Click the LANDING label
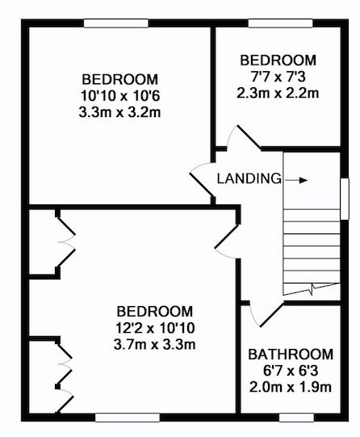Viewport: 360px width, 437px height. click(x=249, y=179)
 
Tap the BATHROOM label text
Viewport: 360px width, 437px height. click(x=291, y=355)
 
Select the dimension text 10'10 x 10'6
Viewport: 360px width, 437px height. click(x=120, y=96)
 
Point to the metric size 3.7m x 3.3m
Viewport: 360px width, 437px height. click(x=154, y=344)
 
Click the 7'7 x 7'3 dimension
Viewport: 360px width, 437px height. click(x=278, y=77)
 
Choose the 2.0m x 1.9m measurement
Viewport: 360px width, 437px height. click(x=291, y=388)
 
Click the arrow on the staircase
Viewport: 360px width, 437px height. click(x=296, y=180)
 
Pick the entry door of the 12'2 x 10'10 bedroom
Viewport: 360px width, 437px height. click(x=227, y=241)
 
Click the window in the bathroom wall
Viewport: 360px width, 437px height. click(x=296, y=418)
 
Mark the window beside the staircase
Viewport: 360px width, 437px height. click(x=345, y=199)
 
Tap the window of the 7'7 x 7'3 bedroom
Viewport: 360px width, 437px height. click(x=280, y=23)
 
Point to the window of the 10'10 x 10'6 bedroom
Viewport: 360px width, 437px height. click(x=116, y=23)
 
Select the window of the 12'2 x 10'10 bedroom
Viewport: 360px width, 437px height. click(x=128, y=418)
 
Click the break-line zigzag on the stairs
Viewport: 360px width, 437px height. click(x=312, y=289)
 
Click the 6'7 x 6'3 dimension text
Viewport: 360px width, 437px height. click(x=291, y=371)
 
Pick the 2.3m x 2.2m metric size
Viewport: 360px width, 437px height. click(x=278, y=93)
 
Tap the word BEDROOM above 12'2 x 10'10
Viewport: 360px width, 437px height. click(x=155, y=311)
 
